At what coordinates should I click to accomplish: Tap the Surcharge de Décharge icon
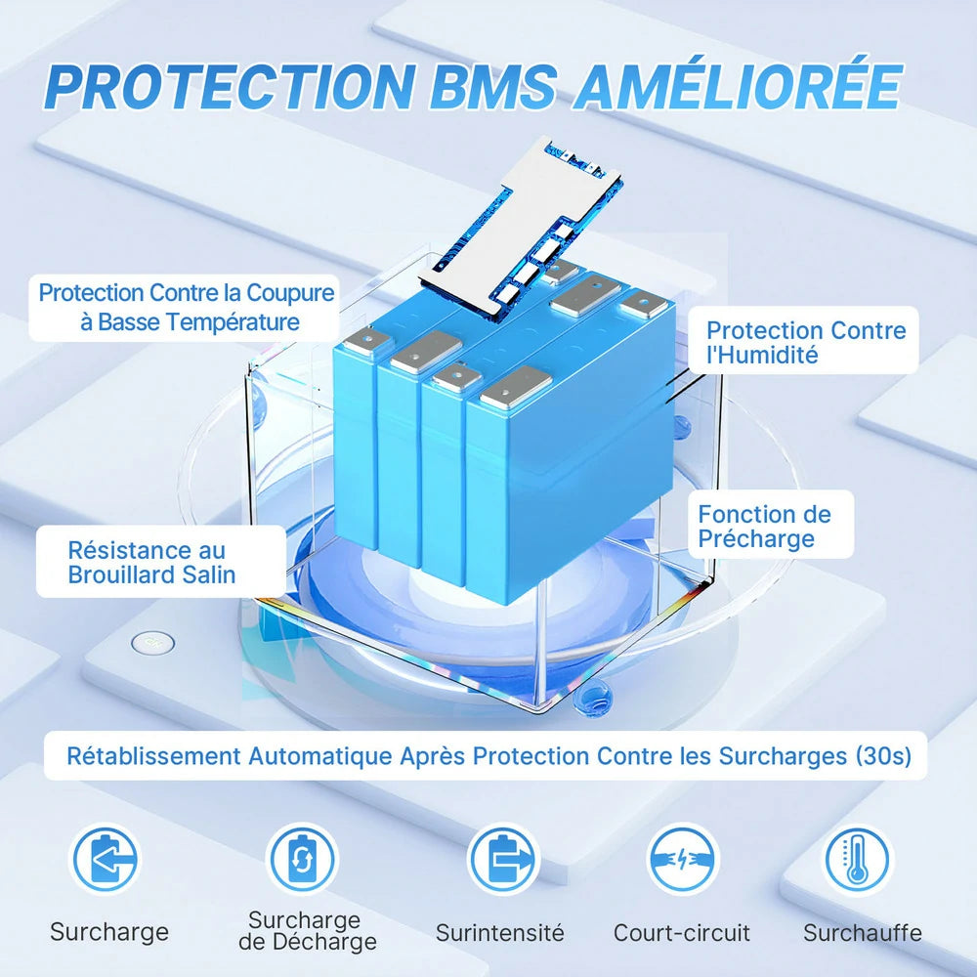pos(303,860)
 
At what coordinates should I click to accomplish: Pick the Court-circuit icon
pos(681,860)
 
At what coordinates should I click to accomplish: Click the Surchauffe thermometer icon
pos(858,860)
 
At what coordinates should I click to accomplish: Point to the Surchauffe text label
pos(862,933)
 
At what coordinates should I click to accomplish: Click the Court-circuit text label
pos(682,933)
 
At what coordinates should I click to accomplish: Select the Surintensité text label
pos(500,933)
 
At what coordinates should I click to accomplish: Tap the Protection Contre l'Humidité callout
pos(806,342)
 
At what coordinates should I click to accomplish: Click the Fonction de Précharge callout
pos(764,526)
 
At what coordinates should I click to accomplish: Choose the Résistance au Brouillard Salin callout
pos(152,562)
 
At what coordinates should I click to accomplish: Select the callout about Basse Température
pos(186,307)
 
